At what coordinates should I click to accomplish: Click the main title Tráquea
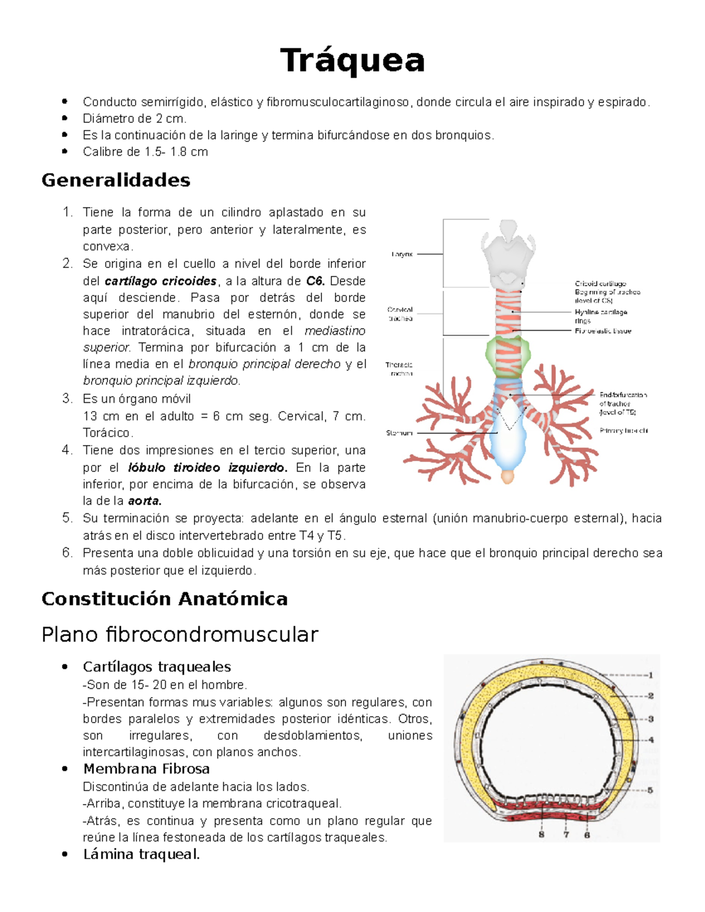pyautogui.click(x=352, y=60)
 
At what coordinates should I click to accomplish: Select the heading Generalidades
pyautogui.click(x=116, y=180)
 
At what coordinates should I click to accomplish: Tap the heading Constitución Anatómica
pyautogui.click(x=164, y=598)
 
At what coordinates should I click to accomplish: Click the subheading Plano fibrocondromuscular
pyautogui.click(x=180, y=634)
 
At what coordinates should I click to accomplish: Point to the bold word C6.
pyautogui.click(x=315, y=281)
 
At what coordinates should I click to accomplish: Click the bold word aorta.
pyautogui.click(x=145, y=501)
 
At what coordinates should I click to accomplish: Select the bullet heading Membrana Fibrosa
pyautogui.click(x=146, y=769)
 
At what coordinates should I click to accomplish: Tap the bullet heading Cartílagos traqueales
pyautogui.click(x=157, y=667)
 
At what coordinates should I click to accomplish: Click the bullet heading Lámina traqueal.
pyautogui.click(x=142, y=854)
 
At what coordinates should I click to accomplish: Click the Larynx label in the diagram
pyautogui.click(x=402, y=254)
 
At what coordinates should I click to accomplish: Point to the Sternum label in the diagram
pyautogui.click(x=399, y=433)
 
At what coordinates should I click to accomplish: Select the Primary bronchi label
pyautogui.click(x=623, y=430)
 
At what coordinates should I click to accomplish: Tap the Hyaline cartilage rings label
pyautogui.click(x=600, y=316)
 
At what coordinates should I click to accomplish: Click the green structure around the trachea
pyautogui.click(x=508, y=355)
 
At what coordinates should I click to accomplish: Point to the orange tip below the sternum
pyautogui.click(x=508, y=476)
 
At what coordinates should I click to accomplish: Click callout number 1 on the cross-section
pyautogui.click(x=651, y=675)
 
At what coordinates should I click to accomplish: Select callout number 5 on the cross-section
pyautogui.click(x=650, y=790)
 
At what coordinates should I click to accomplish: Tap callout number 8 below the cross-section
pyautogui.click(x=541, y=834)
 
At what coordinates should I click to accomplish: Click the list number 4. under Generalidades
pyautogui.click(x=68, y=450)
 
